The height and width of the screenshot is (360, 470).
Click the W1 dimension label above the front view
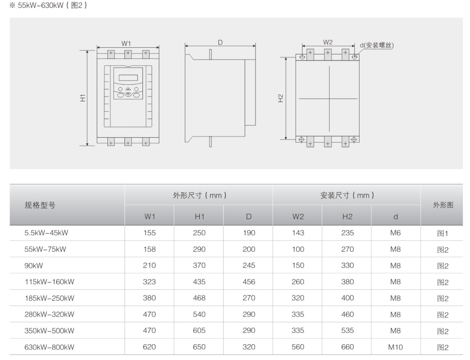tap(126, 43)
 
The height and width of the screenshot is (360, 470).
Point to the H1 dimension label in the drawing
tap(82, 98)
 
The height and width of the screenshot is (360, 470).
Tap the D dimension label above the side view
tap(221, 43)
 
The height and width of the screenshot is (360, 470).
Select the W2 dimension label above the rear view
tap(328, 43)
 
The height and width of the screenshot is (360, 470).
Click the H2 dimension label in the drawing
tap(281, 98)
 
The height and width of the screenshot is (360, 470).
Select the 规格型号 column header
tap(40, 205)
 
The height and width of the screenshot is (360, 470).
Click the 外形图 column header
tap(443, 205)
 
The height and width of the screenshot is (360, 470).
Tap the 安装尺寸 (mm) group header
tap(347, 196)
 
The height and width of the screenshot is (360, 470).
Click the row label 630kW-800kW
tap(49, 347)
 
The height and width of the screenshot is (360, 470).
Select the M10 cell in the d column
tap(395, 347)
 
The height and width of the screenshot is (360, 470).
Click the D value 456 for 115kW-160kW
tap(249, 282)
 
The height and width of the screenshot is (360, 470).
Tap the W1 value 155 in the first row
tap(150, 233)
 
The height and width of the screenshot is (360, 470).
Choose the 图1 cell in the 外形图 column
tap(443, 234)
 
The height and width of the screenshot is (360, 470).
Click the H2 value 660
tap(347, 347)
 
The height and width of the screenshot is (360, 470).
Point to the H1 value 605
tap(199, 331)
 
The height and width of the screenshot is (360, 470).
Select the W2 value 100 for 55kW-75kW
tap(298, 250)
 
